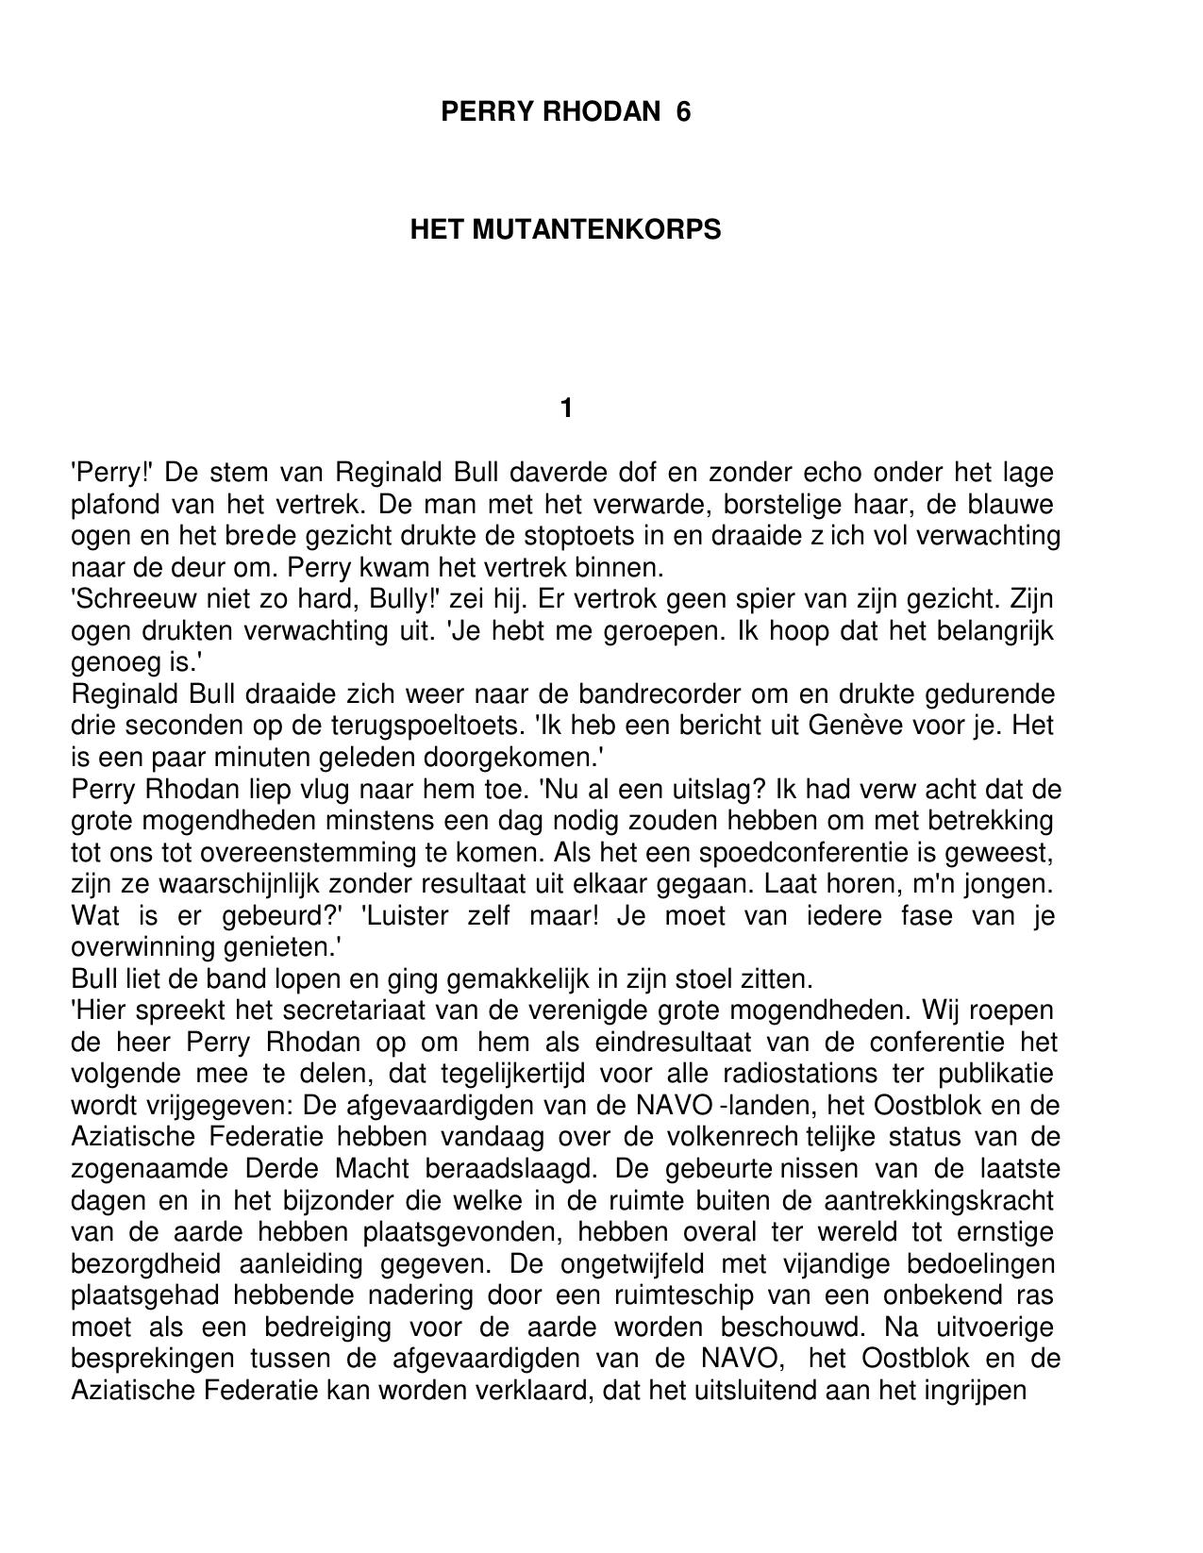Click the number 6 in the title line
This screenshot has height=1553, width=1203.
point(683,112)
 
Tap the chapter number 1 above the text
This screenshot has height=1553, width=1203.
point(566,409)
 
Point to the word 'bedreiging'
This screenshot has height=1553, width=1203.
point(327,1328)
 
